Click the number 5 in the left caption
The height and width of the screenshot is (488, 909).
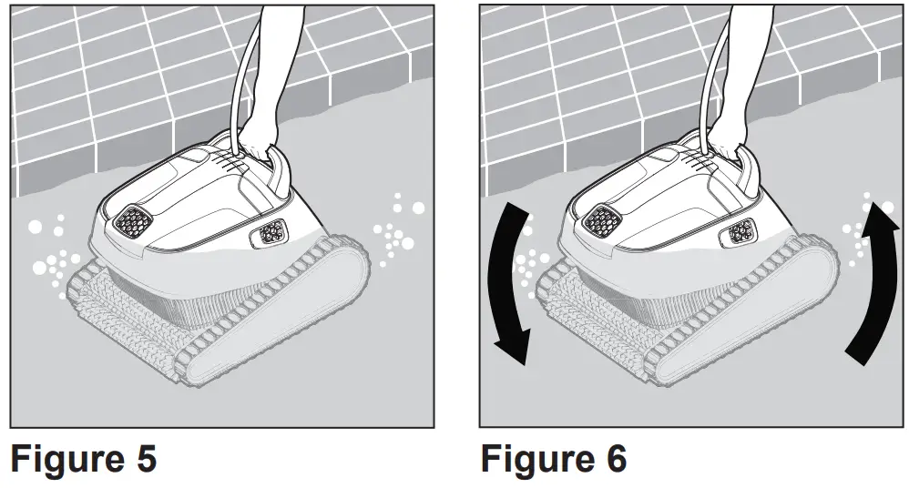coord(142,460)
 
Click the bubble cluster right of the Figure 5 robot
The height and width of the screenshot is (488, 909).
coord(397,228)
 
